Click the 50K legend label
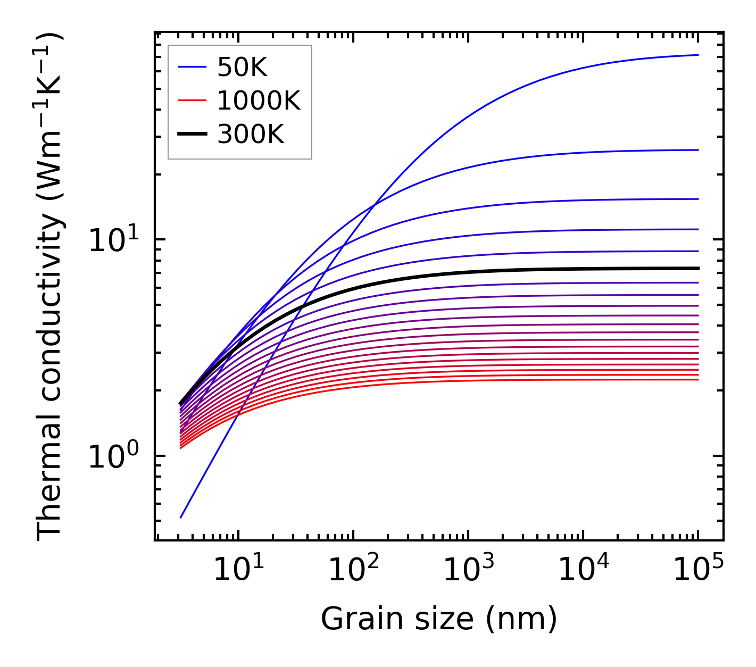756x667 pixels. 242,67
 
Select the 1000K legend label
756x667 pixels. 259,101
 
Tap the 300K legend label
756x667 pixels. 251,135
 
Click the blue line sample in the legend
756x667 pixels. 192,67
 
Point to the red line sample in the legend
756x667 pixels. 192,101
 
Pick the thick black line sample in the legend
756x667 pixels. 192,135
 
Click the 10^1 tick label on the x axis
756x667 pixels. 238,570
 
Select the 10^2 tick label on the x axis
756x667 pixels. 353,570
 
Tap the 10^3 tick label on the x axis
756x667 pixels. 468,570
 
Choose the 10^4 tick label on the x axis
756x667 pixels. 583,570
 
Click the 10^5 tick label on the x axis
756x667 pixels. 698,570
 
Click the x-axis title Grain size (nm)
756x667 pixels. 439,619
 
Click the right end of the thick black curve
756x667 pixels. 697,269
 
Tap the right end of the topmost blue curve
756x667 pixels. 697,55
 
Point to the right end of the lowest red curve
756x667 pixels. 697,379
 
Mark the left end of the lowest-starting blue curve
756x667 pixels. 181,518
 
